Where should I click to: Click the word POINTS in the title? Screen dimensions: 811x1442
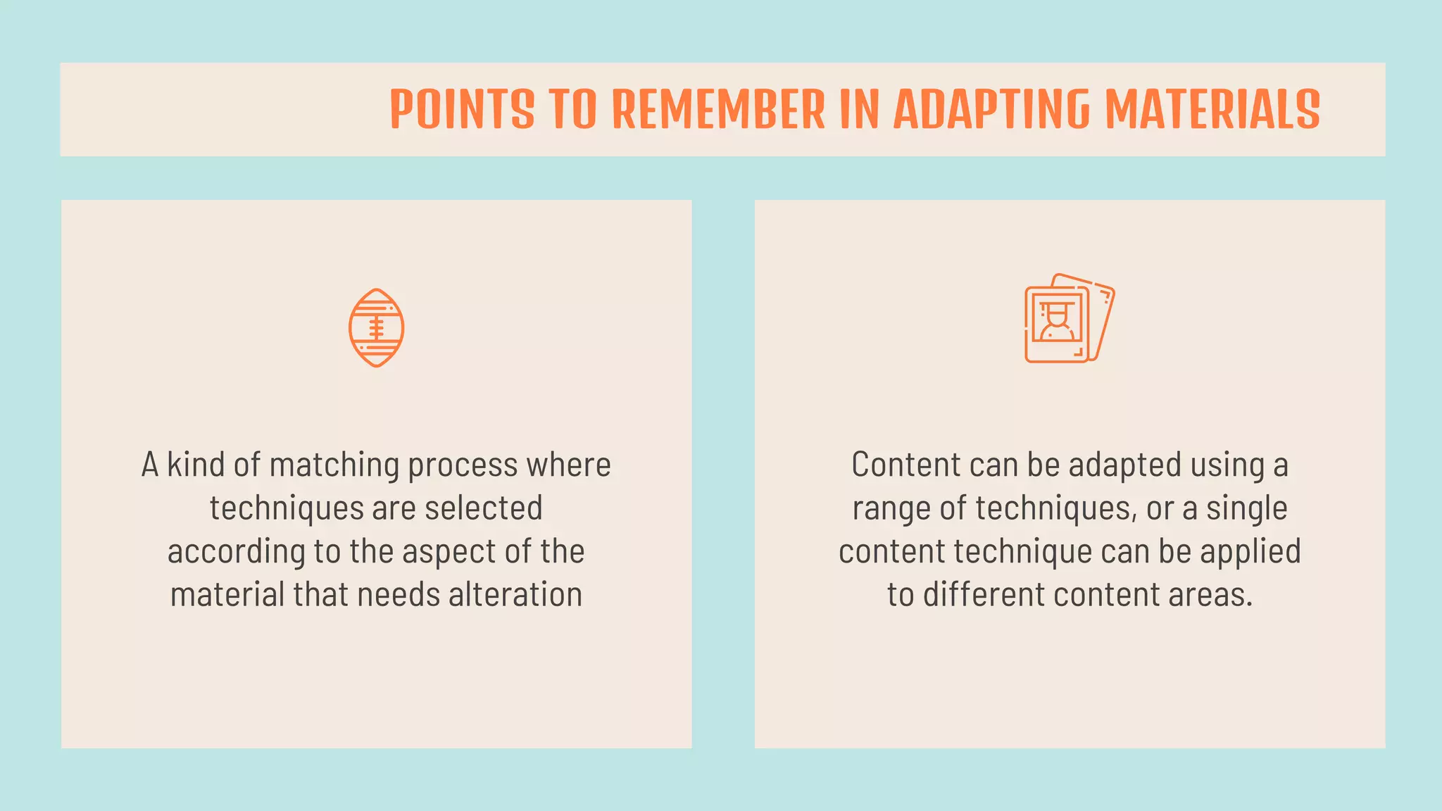(x=462, y=110)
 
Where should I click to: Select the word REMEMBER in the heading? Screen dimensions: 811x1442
(x=719, y=110)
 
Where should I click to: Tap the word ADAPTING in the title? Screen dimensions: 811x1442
(x=991, y=110)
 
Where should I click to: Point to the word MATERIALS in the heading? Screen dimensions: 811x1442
(x=1212, y=110)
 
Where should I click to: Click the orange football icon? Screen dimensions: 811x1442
(x=377, y=328)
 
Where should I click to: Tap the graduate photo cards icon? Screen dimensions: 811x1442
(x=1069, y=318)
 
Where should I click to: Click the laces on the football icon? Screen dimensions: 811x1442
(x=377, y=328)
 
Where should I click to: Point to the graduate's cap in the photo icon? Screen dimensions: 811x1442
(x=1057, y=307)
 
